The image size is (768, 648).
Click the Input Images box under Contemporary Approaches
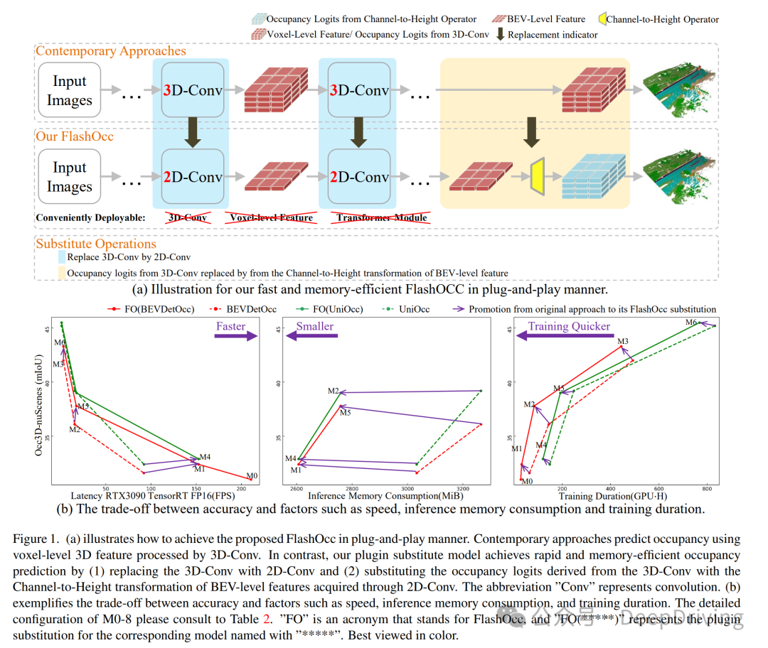pos(69,91)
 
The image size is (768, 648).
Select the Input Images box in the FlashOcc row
pos(69,178)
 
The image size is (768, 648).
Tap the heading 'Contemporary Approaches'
pos(111,51)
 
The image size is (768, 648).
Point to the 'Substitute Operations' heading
pos(96,244)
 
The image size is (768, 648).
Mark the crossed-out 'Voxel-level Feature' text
pos(270,217)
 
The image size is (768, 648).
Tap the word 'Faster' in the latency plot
pos(230,327)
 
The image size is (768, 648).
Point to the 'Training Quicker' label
pos(569,327)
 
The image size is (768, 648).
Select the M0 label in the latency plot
pos(252,476)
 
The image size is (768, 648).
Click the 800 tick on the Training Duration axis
pos(707,490)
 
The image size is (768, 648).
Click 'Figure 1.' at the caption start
pos(34,540)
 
